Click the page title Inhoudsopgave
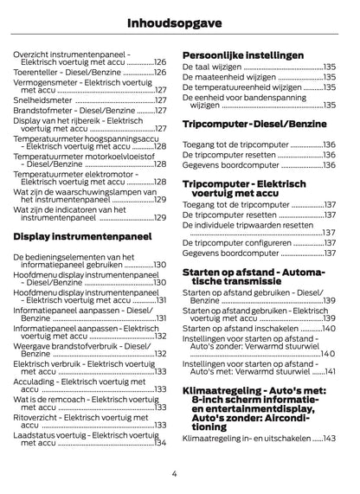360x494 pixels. (180, 20)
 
